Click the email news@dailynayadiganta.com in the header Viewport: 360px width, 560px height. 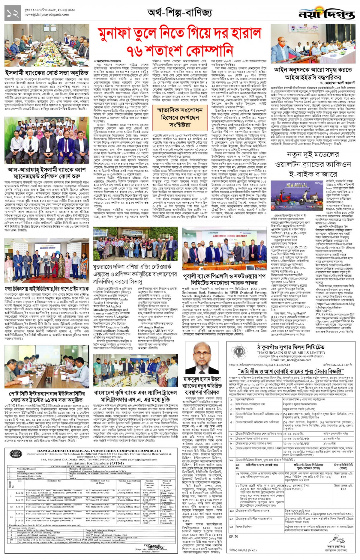(x=46, y=14)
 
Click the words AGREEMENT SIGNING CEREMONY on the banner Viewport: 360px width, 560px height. (x=230, y=236)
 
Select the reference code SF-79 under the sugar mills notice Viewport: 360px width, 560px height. (x=233, y=537)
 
